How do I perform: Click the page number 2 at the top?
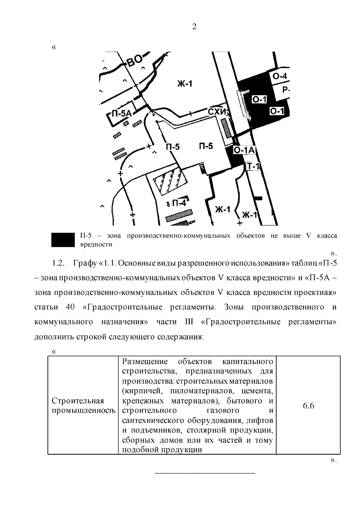coord(194,27)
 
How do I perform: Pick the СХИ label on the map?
coord(217,112)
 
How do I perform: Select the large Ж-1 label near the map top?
coord(185,84)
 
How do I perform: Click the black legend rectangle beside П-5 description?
coord(63,240)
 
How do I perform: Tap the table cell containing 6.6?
coord(308,406)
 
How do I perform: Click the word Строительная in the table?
coord(78,401)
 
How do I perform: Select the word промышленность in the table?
coord(84,411)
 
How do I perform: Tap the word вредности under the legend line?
coord(96,245)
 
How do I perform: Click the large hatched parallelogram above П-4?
coord(170,181)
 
